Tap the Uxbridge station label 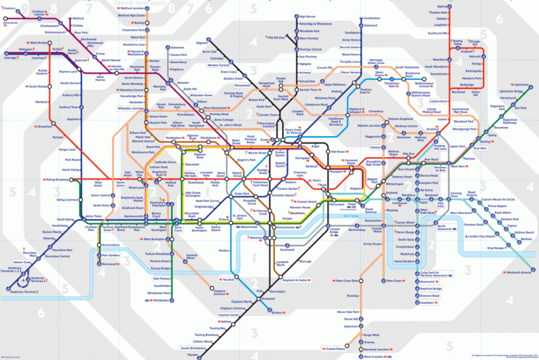coord(11,58)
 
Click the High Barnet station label coord(307,16)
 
